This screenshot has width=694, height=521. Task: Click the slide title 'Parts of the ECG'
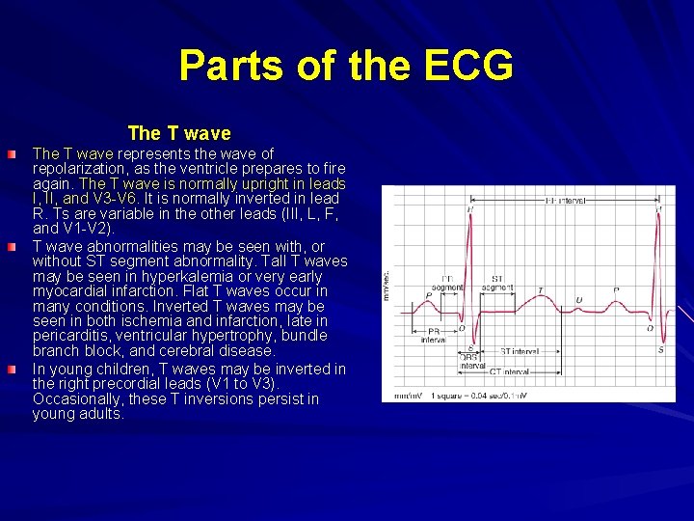click(x=346, y=67)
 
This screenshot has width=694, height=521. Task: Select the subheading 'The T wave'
click(x=179, y=133)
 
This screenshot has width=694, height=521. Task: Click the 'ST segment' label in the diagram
click(x=496, y=283)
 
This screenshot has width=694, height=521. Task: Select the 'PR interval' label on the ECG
click(x=433, y=335)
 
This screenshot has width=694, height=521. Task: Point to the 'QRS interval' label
click(x=472, y=362)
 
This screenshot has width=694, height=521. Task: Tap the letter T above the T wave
click(x=539, y=289)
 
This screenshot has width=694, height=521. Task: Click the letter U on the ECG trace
click(x=578, y=300)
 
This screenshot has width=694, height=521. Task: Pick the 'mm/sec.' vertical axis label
click(x=387, y=282)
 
